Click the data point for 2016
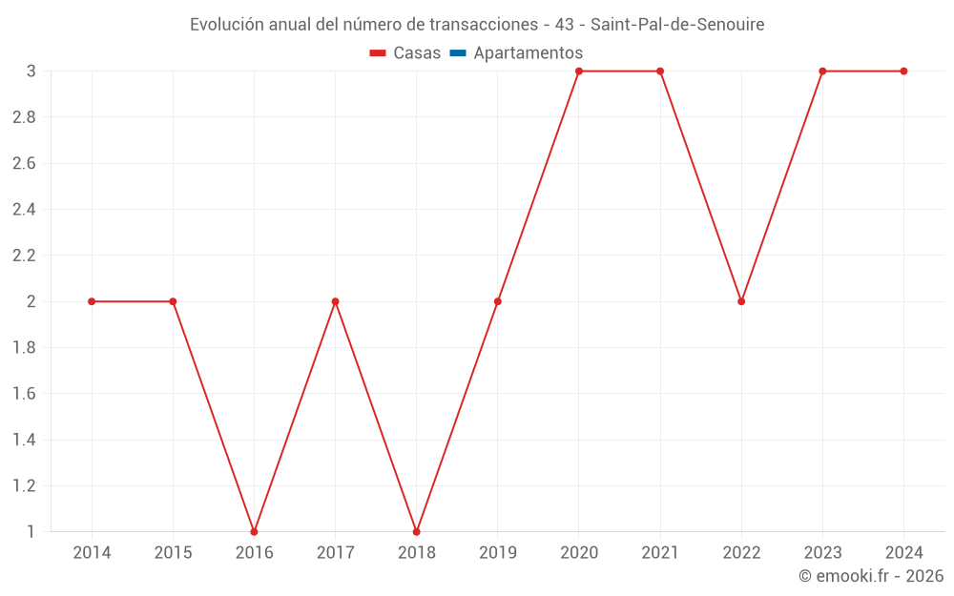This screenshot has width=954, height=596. [254, 531]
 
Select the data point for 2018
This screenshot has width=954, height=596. [417, 531]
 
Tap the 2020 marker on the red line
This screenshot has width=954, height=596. [579, 72]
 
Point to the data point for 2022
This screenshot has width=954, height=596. [741, 301]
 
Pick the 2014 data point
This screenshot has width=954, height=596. [92, 301]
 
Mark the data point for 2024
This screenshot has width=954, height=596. [903, 72]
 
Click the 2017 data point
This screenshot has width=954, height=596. [335, 301]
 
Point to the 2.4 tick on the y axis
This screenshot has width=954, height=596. [24, 210]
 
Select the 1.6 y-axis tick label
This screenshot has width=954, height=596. [24, 394]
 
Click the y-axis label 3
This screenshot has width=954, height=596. [31, 72]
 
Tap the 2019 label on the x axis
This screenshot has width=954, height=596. [498, 553]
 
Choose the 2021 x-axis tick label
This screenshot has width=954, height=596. [660, 553]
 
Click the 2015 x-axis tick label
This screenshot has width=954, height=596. [173, 553]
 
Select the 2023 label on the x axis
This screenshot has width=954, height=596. [822, 553]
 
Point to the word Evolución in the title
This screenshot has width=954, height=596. [226, 25]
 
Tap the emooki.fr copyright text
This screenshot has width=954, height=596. [871, 576]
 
